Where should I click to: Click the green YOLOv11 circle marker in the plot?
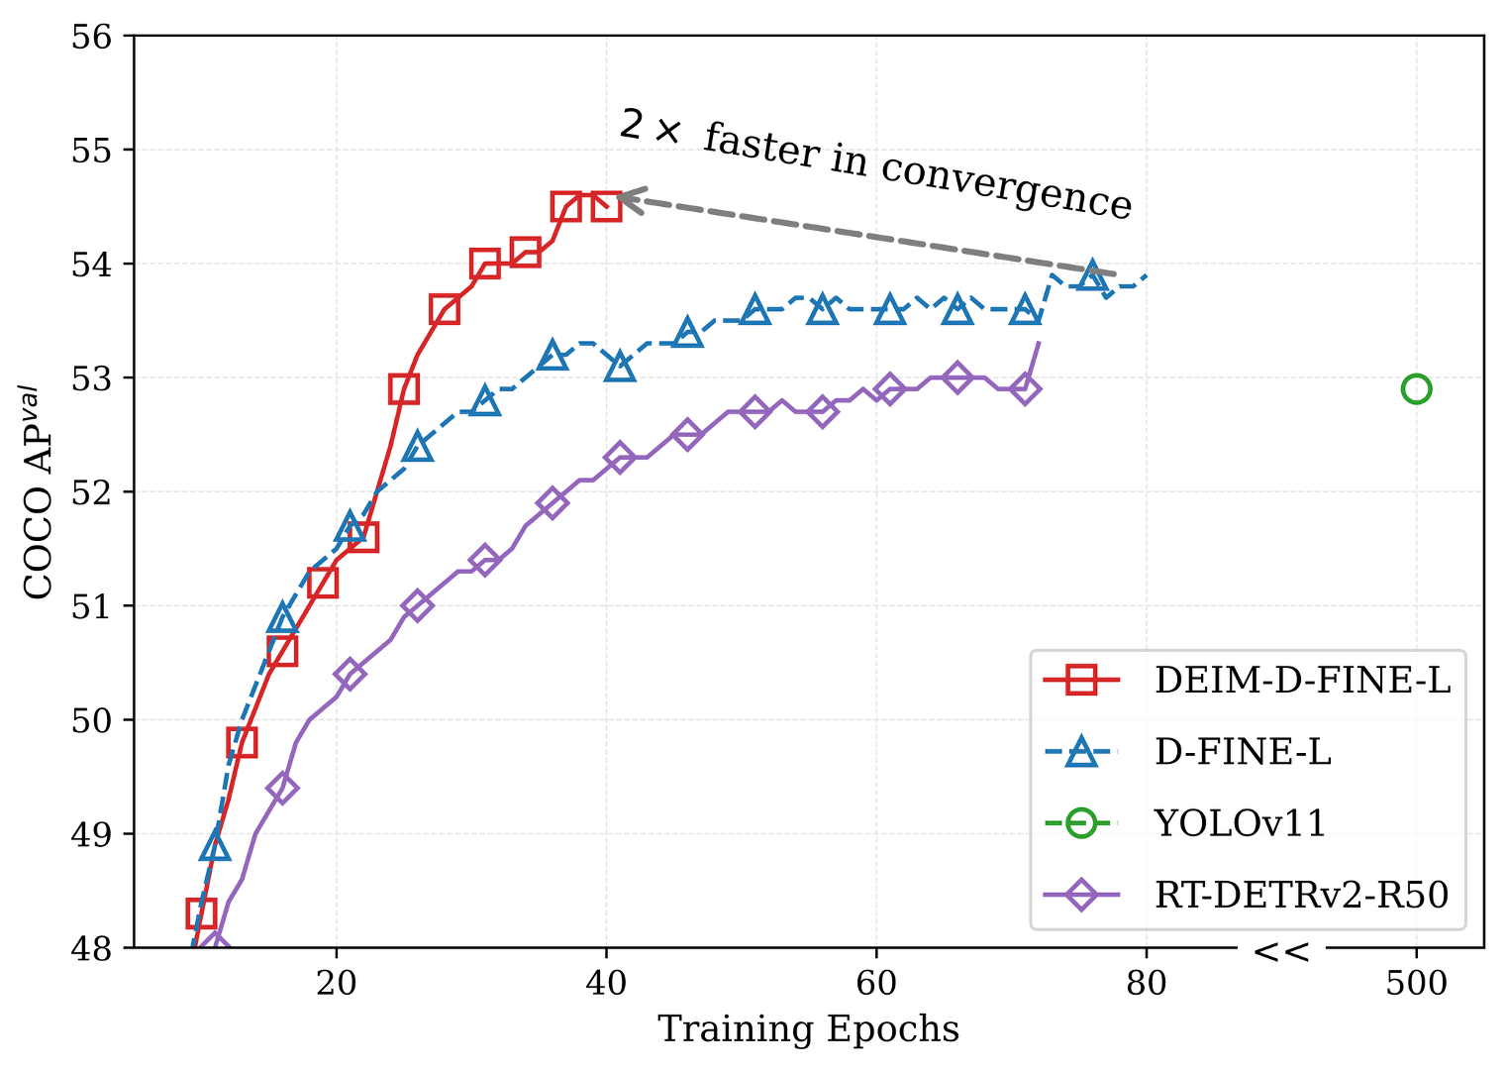[x=1416, y=389]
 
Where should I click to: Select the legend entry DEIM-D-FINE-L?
[x=1301, y=681]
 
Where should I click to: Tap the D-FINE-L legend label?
[x=1243, y=752]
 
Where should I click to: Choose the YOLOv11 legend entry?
[x=1240, y=823]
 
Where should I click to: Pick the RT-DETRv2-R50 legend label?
[x=1301, y=895]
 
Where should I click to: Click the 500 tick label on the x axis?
[x=1416, y=983]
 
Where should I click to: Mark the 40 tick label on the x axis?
[x=606, y=983]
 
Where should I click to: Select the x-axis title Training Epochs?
[x=808, y=1029]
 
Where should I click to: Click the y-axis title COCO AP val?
[x=39, y=492]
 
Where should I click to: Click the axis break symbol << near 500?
[x=1281, y=952]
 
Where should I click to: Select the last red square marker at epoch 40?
[x=607, y=206]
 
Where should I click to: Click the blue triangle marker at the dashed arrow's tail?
[x=1092, y=276]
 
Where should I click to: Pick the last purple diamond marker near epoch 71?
[x=1026, y=388]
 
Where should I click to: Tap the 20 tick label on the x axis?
[x=337, y=983]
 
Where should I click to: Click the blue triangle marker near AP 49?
[x=215, y=846]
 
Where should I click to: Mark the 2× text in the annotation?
[x=650, y=126]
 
